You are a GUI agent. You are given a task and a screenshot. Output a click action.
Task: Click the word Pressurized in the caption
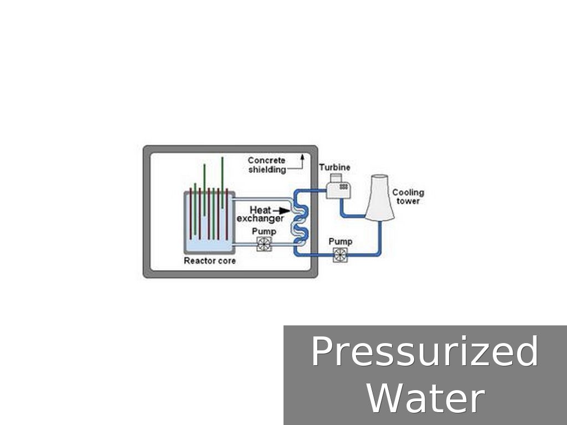[x=424, y=352]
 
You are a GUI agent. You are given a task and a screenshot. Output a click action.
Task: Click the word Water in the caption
[x=425, y=397]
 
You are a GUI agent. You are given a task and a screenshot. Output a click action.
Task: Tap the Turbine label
[x=334, y=167]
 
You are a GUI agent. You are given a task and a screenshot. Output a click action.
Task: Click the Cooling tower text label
[x=408, y=196]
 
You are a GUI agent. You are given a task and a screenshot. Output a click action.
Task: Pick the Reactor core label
[x=209, y=261]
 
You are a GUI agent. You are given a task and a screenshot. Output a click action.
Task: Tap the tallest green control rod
[x=222, y=183]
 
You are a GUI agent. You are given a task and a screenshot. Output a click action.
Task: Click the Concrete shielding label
[x=267, y=165]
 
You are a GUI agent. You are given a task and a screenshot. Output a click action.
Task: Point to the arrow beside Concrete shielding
[x=302, y=162]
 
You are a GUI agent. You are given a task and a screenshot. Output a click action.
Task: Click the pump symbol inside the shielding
[x=264, y=244]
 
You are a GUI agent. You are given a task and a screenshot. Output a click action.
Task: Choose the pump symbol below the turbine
[x=339, y=255]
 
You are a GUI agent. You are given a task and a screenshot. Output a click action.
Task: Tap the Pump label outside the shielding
[x=340, y=242]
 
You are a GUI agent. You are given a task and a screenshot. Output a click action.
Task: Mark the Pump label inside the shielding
[x=264, y=231]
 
